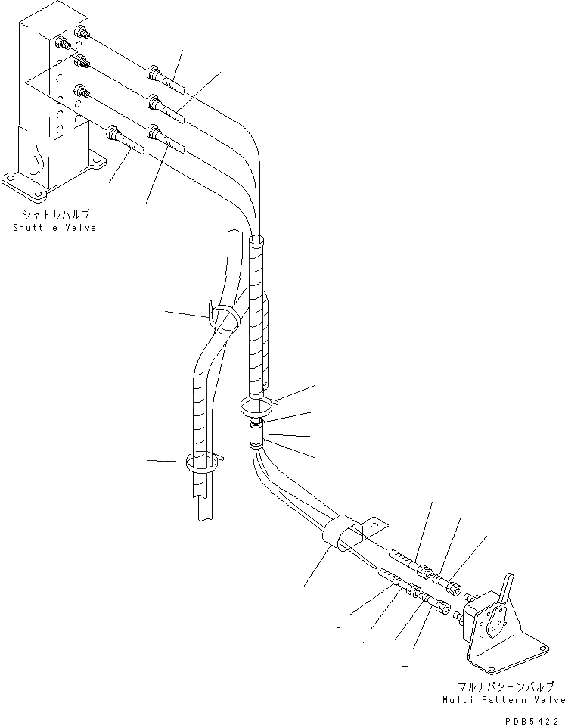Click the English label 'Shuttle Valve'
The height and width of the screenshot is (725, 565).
tap(54, 228)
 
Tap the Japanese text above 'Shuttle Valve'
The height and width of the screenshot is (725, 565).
tap(54, 215)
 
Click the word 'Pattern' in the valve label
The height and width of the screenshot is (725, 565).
tap(502, 701)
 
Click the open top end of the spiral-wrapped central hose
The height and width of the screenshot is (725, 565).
tap(257, 241)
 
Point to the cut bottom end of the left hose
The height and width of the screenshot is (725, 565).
tap(207, 518)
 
